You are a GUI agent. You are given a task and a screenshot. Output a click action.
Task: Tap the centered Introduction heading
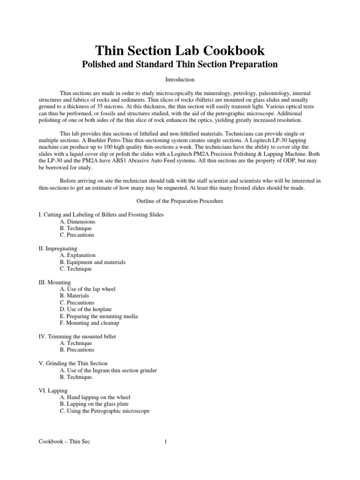(x=180, y=80)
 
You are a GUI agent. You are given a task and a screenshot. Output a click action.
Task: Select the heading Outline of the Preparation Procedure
(x=180, y=201)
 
